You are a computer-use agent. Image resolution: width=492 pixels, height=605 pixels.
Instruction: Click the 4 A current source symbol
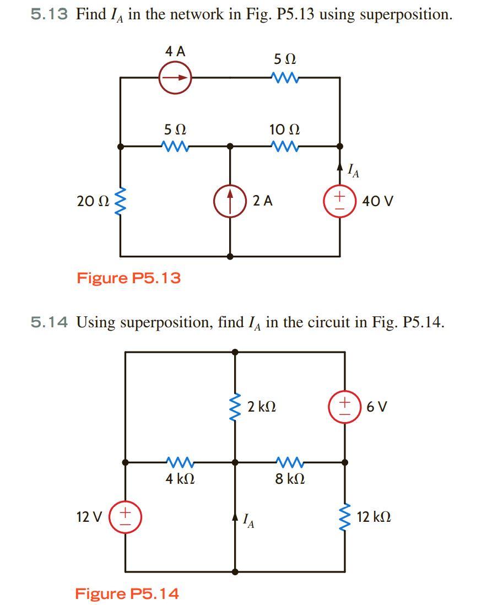pyautogui.click(x=175, y=78)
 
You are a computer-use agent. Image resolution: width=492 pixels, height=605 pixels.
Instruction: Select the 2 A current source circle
pyautogui.click(x=230, y=201)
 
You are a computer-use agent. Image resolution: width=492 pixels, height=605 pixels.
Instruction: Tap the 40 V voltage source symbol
pyautogui.click(x=340, y=201)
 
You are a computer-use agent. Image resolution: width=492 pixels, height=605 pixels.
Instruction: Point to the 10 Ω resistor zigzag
pyautogui.click(x=285, y=146)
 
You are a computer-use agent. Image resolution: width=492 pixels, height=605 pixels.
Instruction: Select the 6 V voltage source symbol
pyautogui.click(x=345, y=407)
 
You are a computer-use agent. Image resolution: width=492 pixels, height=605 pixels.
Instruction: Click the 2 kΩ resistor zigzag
pyautogui.click(x=235, y=408)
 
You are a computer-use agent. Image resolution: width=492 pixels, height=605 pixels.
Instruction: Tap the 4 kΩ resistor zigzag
pyautogui.click(x=180, y=462)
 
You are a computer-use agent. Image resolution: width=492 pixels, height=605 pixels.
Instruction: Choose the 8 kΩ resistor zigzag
pyautogui.click(x=290, y=462)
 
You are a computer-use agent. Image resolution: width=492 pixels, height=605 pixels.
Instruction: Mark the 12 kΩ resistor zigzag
pyautogui.click(x=345, y=517)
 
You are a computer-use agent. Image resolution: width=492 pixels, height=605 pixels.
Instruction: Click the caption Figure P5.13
pyautogui.click(x=128, y=278)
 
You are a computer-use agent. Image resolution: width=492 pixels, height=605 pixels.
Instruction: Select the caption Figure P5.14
pyautogui.click(x=127, y=593)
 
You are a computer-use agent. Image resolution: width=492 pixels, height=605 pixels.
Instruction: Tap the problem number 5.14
pyautogui.click(x=49, y=322)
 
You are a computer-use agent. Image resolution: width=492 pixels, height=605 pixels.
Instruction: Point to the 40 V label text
pyautogui.click(x=378, y=201)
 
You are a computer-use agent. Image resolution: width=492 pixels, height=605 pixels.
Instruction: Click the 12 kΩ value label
pyautogui.click(x=374, y=517)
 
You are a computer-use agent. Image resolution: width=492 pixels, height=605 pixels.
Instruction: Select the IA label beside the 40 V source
pyautogui.click(x=354, y=171)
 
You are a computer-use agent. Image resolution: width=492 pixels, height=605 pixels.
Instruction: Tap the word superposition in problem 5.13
pyautogui.click(x=406, y=14)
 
